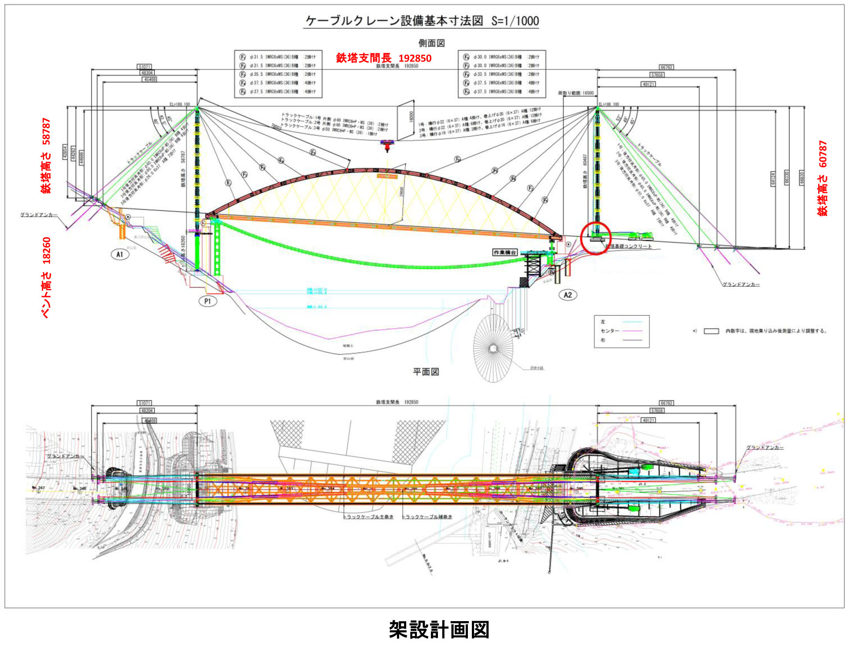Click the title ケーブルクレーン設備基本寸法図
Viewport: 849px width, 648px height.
(x=394, y=21)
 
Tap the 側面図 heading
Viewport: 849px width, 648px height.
(x=431, y=43)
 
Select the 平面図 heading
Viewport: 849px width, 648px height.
(x=426, y=372)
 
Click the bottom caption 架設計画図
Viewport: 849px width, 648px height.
(x=439, y=629)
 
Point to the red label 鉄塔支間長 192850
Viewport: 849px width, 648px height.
(x=383, y=58)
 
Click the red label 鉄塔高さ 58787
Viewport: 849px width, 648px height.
(x=46, y=155)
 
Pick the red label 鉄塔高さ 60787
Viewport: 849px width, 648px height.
(x=822, y=178)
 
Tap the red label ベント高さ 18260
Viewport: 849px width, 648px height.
(x=46, y=278)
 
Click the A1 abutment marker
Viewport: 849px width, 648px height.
(x=119, y=254)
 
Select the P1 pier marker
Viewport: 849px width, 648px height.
(x=208, y=301)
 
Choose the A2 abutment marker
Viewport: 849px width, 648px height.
(x=567, y=295)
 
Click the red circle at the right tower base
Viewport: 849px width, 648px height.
(x=596, y=238)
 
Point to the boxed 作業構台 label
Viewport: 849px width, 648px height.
(x=504, y=252)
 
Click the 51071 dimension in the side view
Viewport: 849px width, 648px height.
(x=145, y=67)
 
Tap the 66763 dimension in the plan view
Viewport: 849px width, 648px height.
(x=666, y=403)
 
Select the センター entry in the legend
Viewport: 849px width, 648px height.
(x=610, y=331)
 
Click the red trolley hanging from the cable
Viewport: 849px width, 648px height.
(x=387, y=144)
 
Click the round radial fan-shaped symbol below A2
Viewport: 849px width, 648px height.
(x=493, y=348)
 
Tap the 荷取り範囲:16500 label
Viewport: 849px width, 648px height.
(x=575, y=93)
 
